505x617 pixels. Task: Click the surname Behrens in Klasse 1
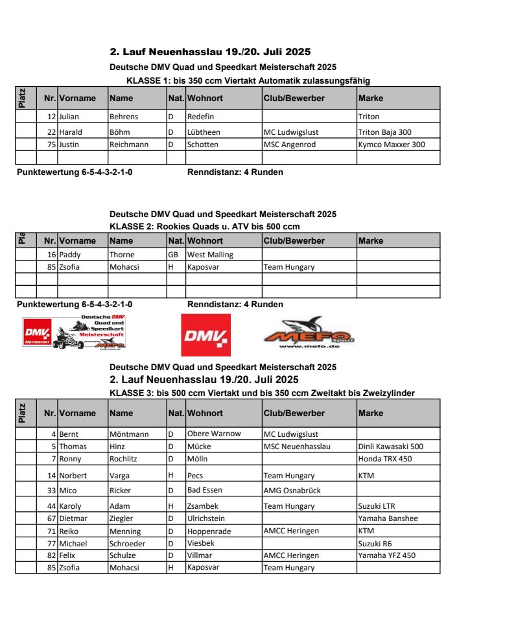(124, 117)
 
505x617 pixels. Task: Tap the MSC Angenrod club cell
(290, 145)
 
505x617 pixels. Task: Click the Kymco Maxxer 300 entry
(392, 145)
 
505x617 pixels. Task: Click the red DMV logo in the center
(206, 335)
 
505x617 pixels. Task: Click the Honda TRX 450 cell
(385, 459)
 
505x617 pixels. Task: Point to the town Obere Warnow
(214, 434)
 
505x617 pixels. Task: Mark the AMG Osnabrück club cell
(292, 491)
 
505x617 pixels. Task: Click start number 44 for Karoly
(52, 506)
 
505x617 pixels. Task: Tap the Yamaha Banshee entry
(388, 518)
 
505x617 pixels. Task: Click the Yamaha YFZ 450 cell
(387, 555)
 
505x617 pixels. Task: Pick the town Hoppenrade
(209, 531)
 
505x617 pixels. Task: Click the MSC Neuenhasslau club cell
(298, 447)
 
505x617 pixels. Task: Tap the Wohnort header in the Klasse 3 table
(206, 413)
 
